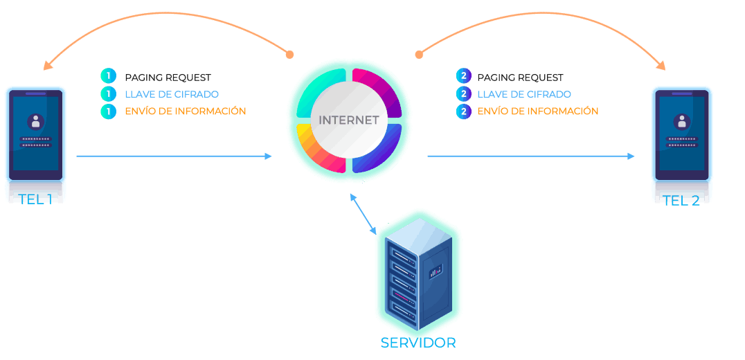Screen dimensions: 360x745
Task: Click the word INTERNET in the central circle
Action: click(348, 120)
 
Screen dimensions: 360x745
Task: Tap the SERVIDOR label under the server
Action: click(418, 343)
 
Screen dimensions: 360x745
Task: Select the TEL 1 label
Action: click(36, 199)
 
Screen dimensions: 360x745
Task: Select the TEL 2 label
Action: click(681, 201)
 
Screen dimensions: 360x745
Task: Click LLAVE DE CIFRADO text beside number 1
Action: click(172, 94)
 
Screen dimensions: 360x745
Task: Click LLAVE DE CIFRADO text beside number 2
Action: click(523, 94)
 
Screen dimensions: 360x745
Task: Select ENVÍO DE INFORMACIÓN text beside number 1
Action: click(185, 111)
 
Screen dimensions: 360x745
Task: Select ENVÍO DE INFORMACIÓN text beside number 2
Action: click(537, 111)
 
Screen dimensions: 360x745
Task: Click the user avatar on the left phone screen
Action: click(35, 122)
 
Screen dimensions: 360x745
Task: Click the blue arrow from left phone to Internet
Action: click(173, 156)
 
